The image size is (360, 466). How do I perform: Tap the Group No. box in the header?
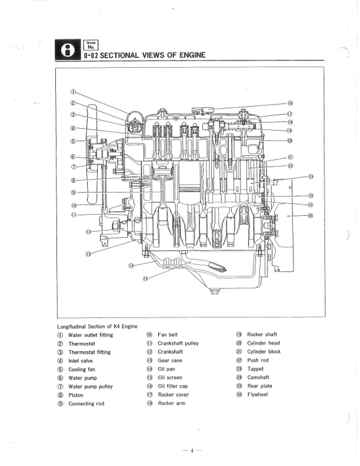tap(91, 43)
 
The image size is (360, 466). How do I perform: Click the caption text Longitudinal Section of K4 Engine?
tap(97, 326)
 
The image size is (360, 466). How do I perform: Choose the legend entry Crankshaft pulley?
tap(178, 343)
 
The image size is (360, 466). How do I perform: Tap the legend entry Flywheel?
tap(257, 394)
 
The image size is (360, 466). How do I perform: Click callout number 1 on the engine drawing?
tap(74, 92)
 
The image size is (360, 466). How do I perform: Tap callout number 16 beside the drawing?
tap(290, 102)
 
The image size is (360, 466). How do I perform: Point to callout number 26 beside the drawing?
tap(311, 215)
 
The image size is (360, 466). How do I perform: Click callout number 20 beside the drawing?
tap(289, 140)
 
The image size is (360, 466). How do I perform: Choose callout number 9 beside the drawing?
tap(74, 192)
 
